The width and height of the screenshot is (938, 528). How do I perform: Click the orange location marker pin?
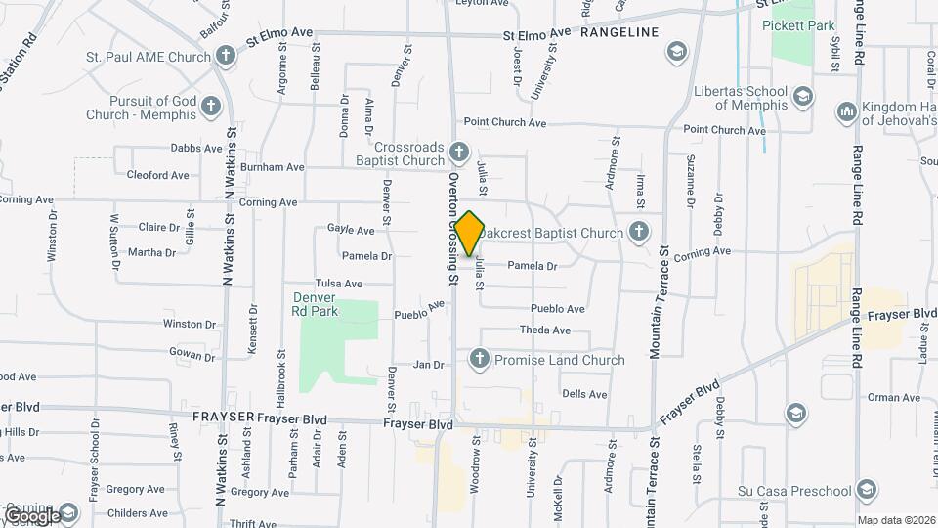(x=470, y=233)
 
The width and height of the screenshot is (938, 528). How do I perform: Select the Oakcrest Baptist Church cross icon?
(x=638, y=232)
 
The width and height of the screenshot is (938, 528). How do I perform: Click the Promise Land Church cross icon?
(x=479, y=359)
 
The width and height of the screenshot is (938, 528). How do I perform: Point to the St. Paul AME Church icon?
(x=226, y=55)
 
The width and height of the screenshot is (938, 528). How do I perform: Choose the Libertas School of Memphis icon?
(x=802, y=95)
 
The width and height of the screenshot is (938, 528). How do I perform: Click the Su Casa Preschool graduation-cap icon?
(x=865, y=489)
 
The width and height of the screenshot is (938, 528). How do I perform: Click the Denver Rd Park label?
(x=314, y=303)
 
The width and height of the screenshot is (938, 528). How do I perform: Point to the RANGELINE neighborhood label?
(x=619, y=32)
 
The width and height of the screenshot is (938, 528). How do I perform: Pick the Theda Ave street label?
(x=544, y=330)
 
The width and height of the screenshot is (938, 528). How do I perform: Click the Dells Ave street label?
(x=584, y=394)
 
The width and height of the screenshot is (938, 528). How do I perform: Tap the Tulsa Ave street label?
(x=339, y=283)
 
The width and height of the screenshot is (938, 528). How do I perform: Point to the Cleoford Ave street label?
(x=157, y=175)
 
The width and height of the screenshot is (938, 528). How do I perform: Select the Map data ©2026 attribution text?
(x=895, y=520)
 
